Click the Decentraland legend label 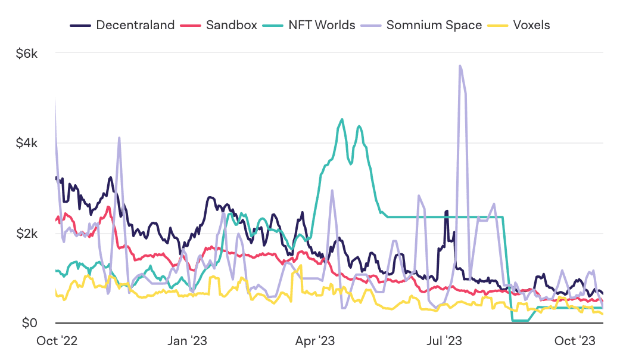(135, 25)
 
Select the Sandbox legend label (232, 25)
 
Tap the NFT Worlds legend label (322, 25)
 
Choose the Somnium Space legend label (434, 25)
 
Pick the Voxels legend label (531, 25)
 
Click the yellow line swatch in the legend (497, 26)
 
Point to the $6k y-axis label (27, 53)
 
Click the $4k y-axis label (27, 143)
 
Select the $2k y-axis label (27, 233)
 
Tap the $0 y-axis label (29, 323)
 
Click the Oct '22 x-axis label (57, 341)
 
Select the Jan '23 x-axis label (188, 341)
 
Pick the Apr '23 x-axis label (316, 341)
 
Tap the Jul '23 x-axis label (445, 341)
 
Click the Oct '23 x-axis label (574, 341)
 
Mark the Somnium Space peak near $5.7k (460, 66)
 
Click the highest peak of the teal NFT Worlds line (342, 119)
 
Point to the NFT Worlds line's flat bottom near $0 (520, 321)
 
